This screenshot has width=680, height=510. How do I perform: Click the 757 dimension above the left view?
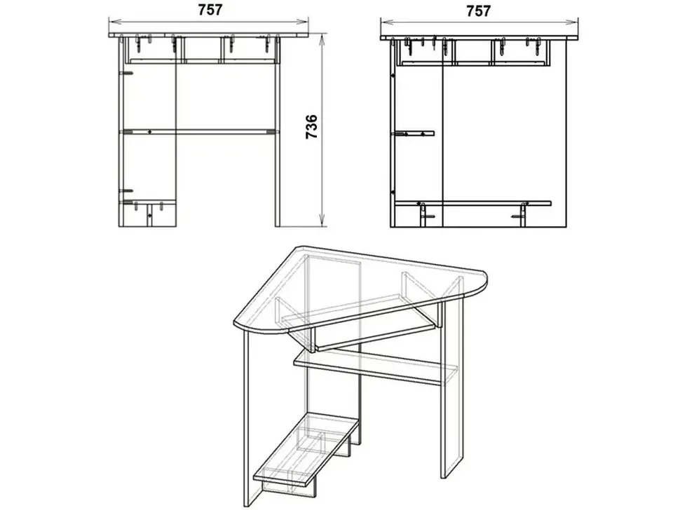(210, 10)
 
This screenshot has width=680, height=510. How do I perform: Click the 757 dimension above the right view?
(478, 11)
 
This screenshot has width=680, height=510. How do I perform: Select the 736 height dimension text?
(312, 127)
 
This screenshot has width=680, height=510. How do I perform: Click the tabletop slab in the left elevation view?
(209, 34)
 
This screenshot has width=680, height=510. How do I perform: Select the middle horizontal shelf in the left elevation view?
(197, 131)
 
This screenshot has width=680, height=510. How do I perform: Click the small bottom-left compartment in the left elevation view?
(147, 214)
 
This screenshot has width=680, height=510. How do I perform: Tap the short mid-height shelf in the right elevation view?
(414, 133)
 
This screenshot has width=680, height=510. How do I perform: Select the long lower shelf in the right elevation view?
(473, 202)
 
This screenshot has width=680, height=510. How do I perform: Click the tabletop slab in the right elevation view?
(480, 38)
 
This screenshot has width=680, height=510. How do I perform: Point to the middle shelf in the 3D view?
(376, 368)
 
